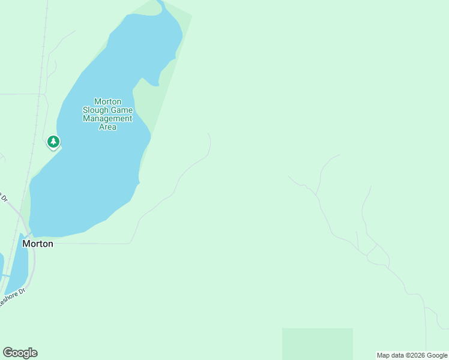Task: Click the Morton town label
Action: tap(37, 244)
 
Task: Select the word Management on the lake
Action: tap(107, 119)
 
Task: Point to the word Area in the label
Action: tap(107, 127)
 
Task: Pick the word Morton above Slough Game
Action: tap(107, 102)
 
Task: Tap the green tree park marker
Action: tap(53, 142)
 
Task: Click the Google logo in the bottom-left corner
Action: tap(20, 353)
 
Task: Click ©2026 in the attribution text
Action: tap(418, 356)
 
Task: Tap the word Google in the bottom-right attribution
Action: tap(437, 356)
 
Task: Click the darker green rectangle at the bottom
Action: tap(317, 343)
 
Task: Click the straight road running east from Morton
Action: tap(90, 244)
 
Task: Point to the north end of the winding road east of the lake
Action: tap(208, 134)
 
